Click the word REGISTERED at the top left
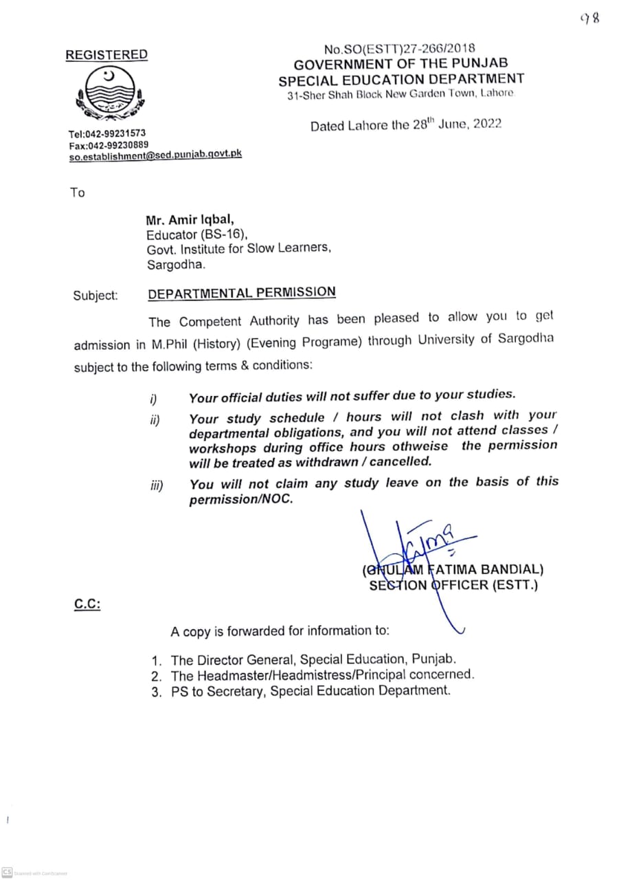106,55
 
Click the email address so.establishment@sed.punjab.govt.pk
155,156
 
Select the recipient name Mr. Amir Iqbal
190,221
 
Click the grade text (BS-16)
221,234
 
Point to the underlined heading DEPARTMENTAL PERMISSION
242,292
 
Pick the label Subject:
95,296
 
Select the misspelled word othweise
419,446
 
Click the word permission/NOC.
241,500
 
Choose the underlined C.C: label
87,606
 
